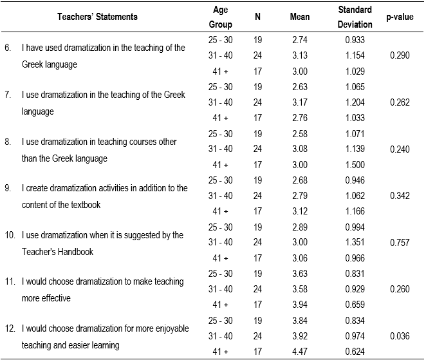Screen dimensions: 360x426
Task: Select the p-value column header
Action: (x=399, y=17)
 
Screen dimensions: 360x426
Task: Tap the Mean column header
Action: (x=300, y=17)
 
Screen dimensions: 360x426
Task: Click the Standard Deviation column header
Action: (x=355, y=17)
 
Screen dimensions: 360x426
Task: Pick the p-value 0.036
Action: (x=400, y=336)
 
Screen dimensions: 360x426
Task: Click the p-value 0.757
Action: (x=400, y=243)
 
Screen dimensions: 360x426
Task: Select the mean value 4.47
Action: (x=300, y=352)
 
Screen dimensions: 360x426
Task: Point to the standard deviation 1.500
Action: (x=355, y=164)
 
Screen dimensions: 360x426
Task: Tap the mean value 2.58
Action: (x=300, y=133)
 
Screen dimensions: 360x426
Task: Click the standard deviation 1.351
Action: (x=355, y=243)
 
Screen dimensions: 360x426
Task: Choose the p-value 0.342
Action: (x=400, y=196)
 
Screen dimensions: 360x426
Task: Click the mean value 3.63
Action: (x=300, y=274)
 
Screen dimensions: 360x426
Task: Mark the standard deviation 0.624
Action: (x=355, y=352)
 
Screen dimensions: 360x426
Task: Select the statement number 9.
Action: (x=8, y=188)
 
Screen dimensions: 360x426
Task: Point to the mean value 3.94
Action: (x=300, y=305)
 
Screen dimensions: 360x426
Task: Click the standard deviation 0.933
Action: (x=355, y=39)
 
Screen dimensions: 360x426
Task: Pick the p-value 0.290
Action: (x=400, y=55)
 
